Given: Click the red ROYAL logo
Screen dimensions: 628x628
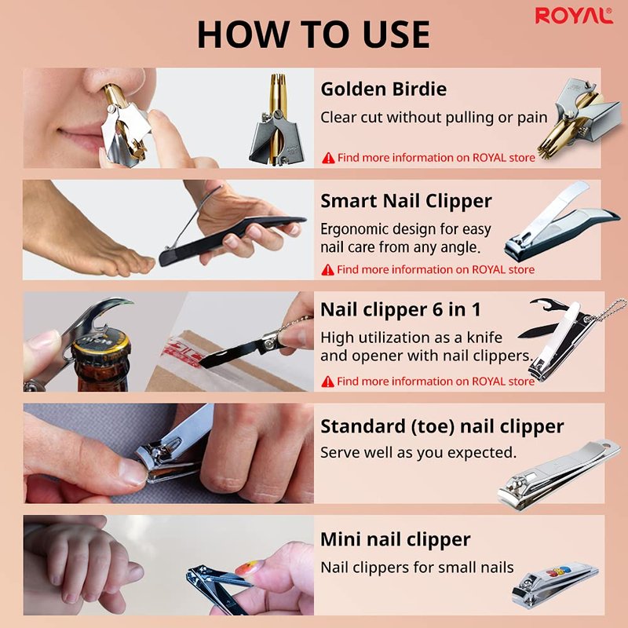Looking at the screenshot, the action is click(x=574, y=16).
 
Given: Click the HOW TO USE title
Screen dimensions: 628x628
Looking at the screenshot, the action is click(x=313, y=35).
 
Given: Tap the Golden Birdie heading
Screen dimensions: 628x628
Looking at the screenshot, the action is click(x=383, y=89).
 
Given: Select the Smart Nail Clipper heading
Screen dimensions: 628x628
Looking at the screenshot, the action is click(x=406, y=201).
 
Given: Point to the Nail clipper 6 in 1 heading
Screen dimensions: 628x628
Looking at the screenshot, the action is click(x=400, y=309).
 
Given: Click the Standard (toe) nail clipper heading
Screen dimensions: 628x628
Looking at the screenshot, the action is click(x=442, y=426).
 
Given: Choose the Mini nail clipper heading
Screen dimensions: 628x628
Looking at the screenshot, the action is click(x=396, y=539).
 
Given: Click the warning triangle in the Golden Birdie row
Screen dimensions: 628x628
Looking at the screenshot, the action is click(x=328, y=159).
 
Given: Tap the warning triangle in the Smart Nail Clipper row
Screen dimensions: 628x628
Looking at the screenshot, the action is click(x=327, y=270).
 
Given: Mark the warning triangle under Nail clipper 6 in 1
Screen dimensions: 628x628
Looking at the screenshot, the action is click(x=327, y=382).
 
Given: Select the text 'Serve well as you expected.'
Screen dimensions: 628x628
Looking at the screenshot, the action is click(x=418, y=453).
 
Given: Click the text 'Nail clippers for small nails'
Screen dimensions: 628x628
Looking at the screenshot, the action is click(x=417, y=568).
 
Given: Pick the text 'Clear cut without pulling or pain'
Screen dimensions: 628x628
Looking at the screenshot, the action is click(x=434, y=118).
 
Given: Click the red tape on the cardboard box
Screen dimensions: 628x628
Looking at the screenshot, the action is click(x=181, y=352).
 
